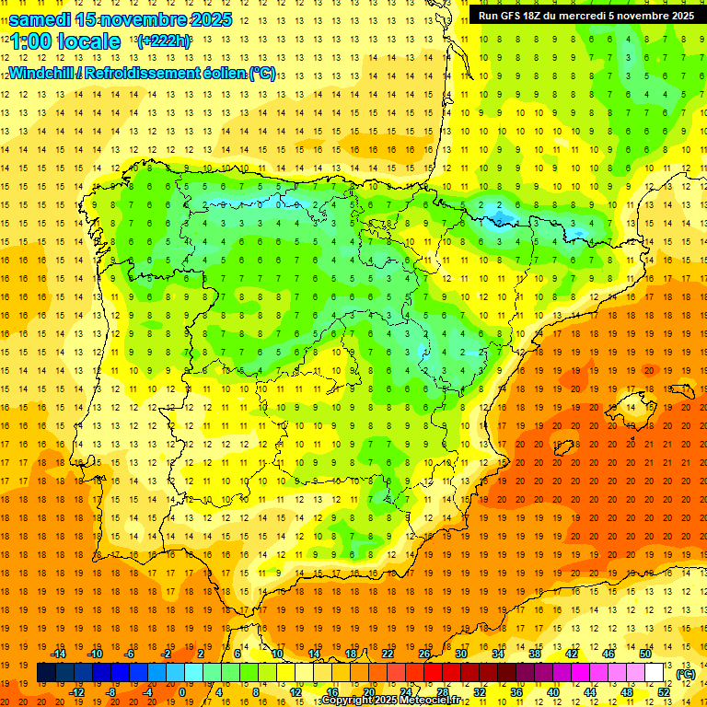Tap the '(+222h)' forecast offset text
pyautogui.click(x=163, y=41)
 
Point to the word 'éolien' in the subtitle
pyautogui.click(x=221, y=73)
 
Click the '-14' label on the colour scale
pyautogui.click(x=58, y=654)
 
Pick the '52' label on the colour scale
pyautogui.click(x=664, y=691)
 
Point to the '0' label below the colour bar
pyautogui.click(x=181, y=691)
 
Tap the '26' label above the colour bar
pyautogui.click(x=424, y=654)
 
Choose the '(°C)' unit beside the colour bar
pyautogui.click(x=686, y=674)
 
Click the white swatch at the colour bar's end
pyautogui.click(x=654, y=673)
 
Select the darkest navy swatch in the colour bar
pyautogui.click(x=46, y=673)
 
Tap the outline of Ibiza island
pyautogui.click(x=563, y=446)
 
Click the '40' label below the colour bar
pyautogui.click(x=553, y=691)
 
